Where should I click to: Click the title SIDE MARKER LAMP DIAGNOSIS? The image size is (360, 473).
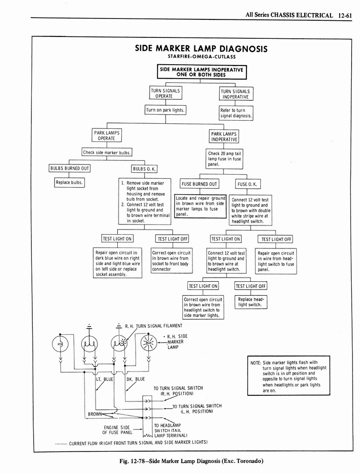[201, 49]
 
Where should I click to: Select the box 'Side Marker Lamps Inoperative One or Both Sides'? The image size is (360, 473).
[201, 72]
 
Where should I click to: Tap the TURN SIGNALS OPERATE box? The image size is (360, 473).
[165, 93]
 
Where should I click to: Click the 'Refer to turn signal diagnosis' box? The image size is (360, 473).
[236, 113]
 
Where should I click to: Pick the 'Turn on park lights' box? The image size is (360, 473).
[165, 110]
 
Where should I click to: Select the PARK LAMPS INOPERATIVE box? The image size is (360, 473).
[224, 136]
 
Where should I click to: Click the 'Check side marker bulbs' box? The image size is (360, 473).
[107, 152]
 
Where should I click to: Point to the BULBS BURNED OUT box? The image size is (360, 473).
[69, 168]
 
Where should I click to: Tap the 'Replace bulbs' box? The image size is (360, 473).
[69, 182]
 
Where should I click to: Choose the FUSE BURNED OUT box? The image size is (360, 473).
[199, 184]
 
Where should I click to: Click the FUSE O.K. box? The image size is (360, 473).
[248, 184]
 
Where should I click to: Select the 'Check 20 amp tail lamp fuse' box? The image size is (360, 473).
[224, 158]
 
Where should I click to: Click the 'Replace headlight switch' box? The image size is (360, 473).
[250, 302]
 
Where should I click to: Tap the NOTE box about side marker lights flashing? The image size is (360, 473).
[288, 375]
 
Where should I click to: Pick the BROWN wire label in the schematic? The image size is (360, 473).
[95, 414]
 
